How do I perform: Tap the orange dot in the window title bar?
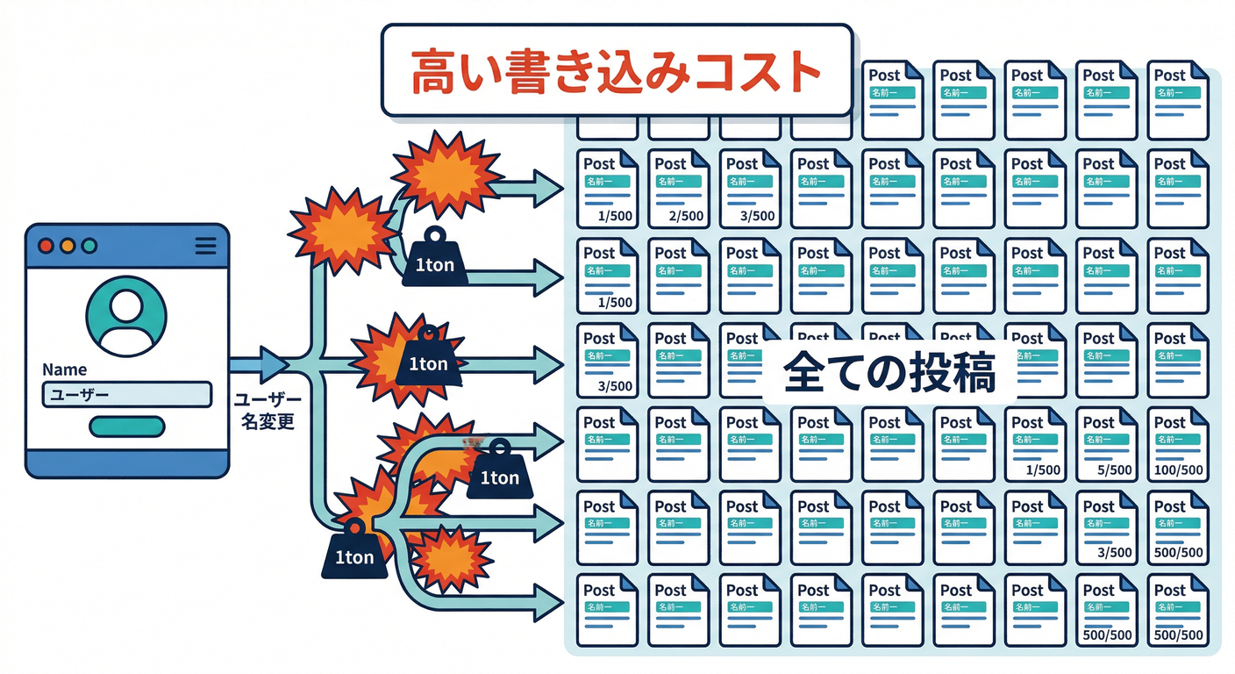[x=68, y=247]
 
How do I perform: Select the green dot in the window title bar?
[x=89, y=247]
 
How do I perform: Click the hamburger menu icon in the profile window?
[x=205, y=247]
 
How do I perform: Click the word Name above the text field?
[x=64, y=369]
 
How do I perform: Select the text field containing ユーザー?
[x=126, y=395]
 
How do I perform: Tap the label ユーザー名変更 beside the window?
[x=267, y=410]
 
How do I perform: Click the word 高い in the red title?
[x=443, y=72]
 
